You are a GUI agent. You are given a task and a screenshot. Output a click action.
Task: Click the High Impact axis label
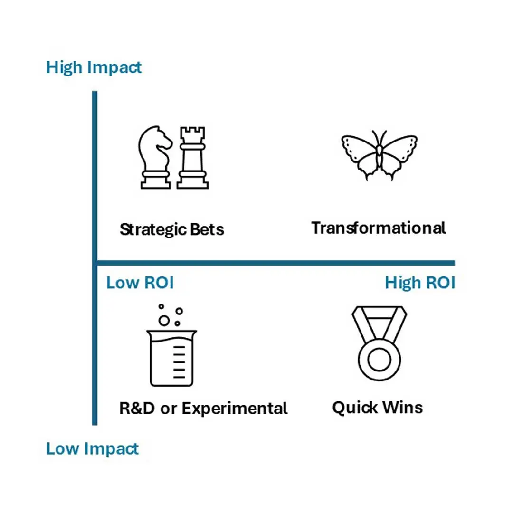[94, 68]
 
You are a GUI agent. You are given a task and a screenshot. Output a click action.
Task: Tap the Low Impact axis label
[92, 448]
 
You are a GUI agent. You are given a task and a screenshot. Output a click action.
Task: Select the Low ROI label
[140, 283]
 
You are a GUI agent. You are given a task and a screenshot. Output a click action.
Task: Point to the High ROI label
[420, 283]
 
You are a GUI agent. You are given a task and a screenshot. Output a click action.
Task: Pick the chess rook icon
[193, 158]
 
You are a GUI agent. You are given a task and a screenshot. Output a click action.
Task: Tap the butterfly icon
[379, 155]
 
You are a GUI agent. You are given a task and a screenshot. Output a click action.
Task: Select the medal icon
[379, 343]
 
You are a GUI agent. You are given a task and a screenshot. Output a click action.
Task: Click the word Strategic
[153, 230]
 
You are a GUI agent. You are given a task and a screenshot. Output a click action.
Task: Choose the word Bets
[208, 229]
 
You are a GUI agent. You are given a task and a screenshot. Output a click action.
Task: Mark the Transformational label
[379, 228]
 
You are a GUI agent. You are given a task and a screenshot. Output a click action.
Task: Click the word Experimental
[235, 408]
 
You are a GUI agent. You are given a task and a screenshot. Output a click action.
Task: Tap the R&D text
[137, 408]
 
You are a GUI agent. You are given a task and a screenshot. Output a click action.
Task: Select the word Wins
[402, 408]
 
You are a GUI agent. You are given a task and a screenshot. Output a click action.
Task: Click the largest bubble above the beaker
[164, 321]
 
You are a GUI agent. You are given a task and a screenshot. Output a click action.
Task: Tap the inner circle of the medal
[379, 360]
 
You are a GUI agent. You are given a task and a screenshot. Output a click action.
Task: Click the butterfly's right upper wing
[400, 147]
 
